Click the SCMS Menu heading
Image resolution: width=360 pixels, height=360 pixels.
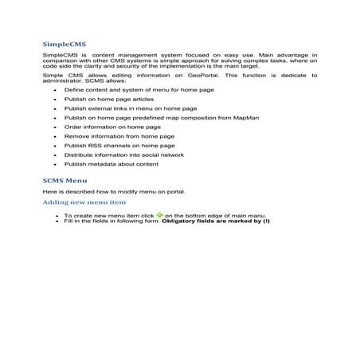(62, 182)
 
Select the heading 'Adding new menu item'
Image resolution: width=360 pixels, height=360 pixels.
(84, 203)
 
